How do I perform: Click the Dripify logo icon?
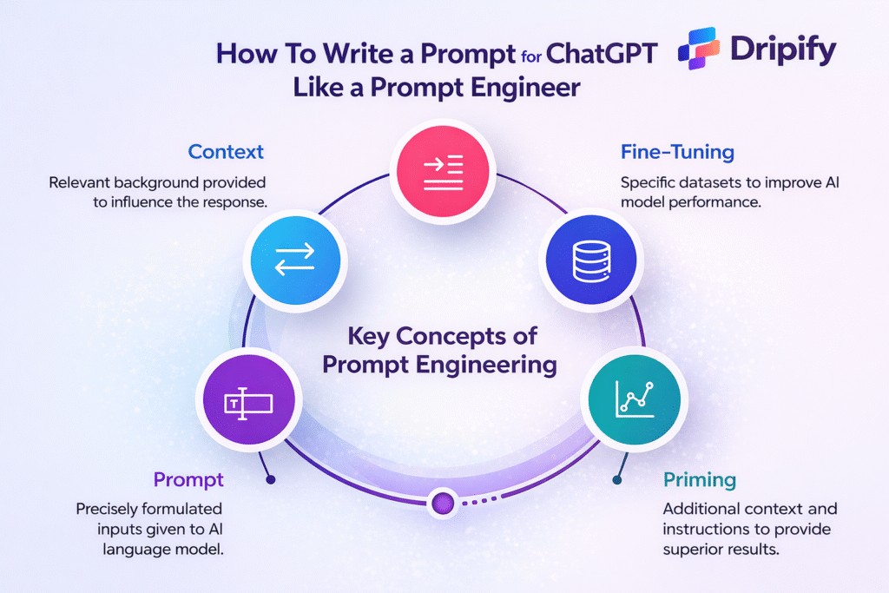703,48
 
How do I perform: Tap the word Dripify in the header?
782,49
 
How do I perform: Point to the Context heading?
226,153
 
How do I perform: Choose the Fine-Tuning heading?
677,153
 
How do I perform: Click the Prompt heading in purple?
188,479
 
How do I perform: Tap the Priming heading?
699,479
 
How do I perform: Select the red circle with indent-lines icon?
444,166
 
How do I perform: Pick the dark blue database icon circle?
593,259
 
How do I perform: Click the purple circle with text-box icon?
247,402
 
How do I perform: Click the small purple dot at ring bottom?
444,502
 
